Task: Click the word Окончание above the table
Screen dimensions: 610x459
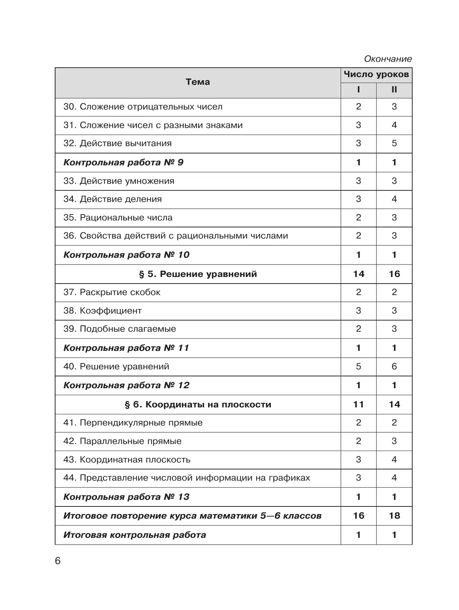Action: click(x=387, y=59)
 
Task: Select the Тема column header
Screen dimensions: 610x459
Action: click(x=197, y=82)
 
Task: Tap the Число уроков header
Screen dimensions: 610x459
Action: click(x=376, y=75)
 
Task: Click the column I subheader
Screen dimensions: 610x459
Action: click(x=358, y=90)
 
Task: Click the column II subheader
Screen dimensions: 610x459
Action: click(x=394, y=90)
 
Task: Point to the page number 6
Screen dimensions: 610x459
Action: click(x=58, y=561)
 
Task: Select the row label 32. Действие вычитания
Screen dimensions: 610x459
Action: click(x=117, y=143)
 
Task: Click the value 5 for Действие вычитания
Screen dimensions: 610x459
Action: click(x=394, y=143)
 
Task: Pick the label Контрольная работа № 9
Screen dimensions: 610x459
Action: click(x=123, y=162)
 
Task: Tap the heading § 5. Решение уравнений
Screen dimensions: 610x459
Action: click(x=197, y=274)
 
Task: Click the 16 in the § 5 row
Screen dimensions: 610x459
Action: click(x=394, y=274)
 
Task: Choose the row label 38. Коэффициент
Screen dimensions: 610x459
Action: click(x=103, y=311)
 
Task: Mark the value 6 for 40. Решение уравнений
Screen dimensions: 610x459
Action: click(x=394, y=367)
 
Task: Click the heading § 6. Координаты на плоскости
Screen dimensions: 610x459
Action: click(x=197, y=404)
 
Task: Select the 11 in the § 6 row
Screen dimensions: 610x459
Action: click(x=358, y=404)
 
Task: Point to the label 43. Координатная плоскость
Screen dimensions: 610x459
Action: click(x=127, y=459)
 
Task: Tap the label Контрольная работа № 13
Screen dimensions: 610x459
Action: click(x=126, y=497)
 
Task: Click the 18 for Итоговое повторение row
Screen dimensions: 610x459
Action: click(x=394, y=516)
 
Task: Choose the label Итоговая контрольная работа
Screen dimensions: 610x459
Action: click(x=135, y=535)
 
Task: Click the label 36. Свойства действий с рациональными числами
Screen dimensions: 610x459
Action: click(x=176, y=236)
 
